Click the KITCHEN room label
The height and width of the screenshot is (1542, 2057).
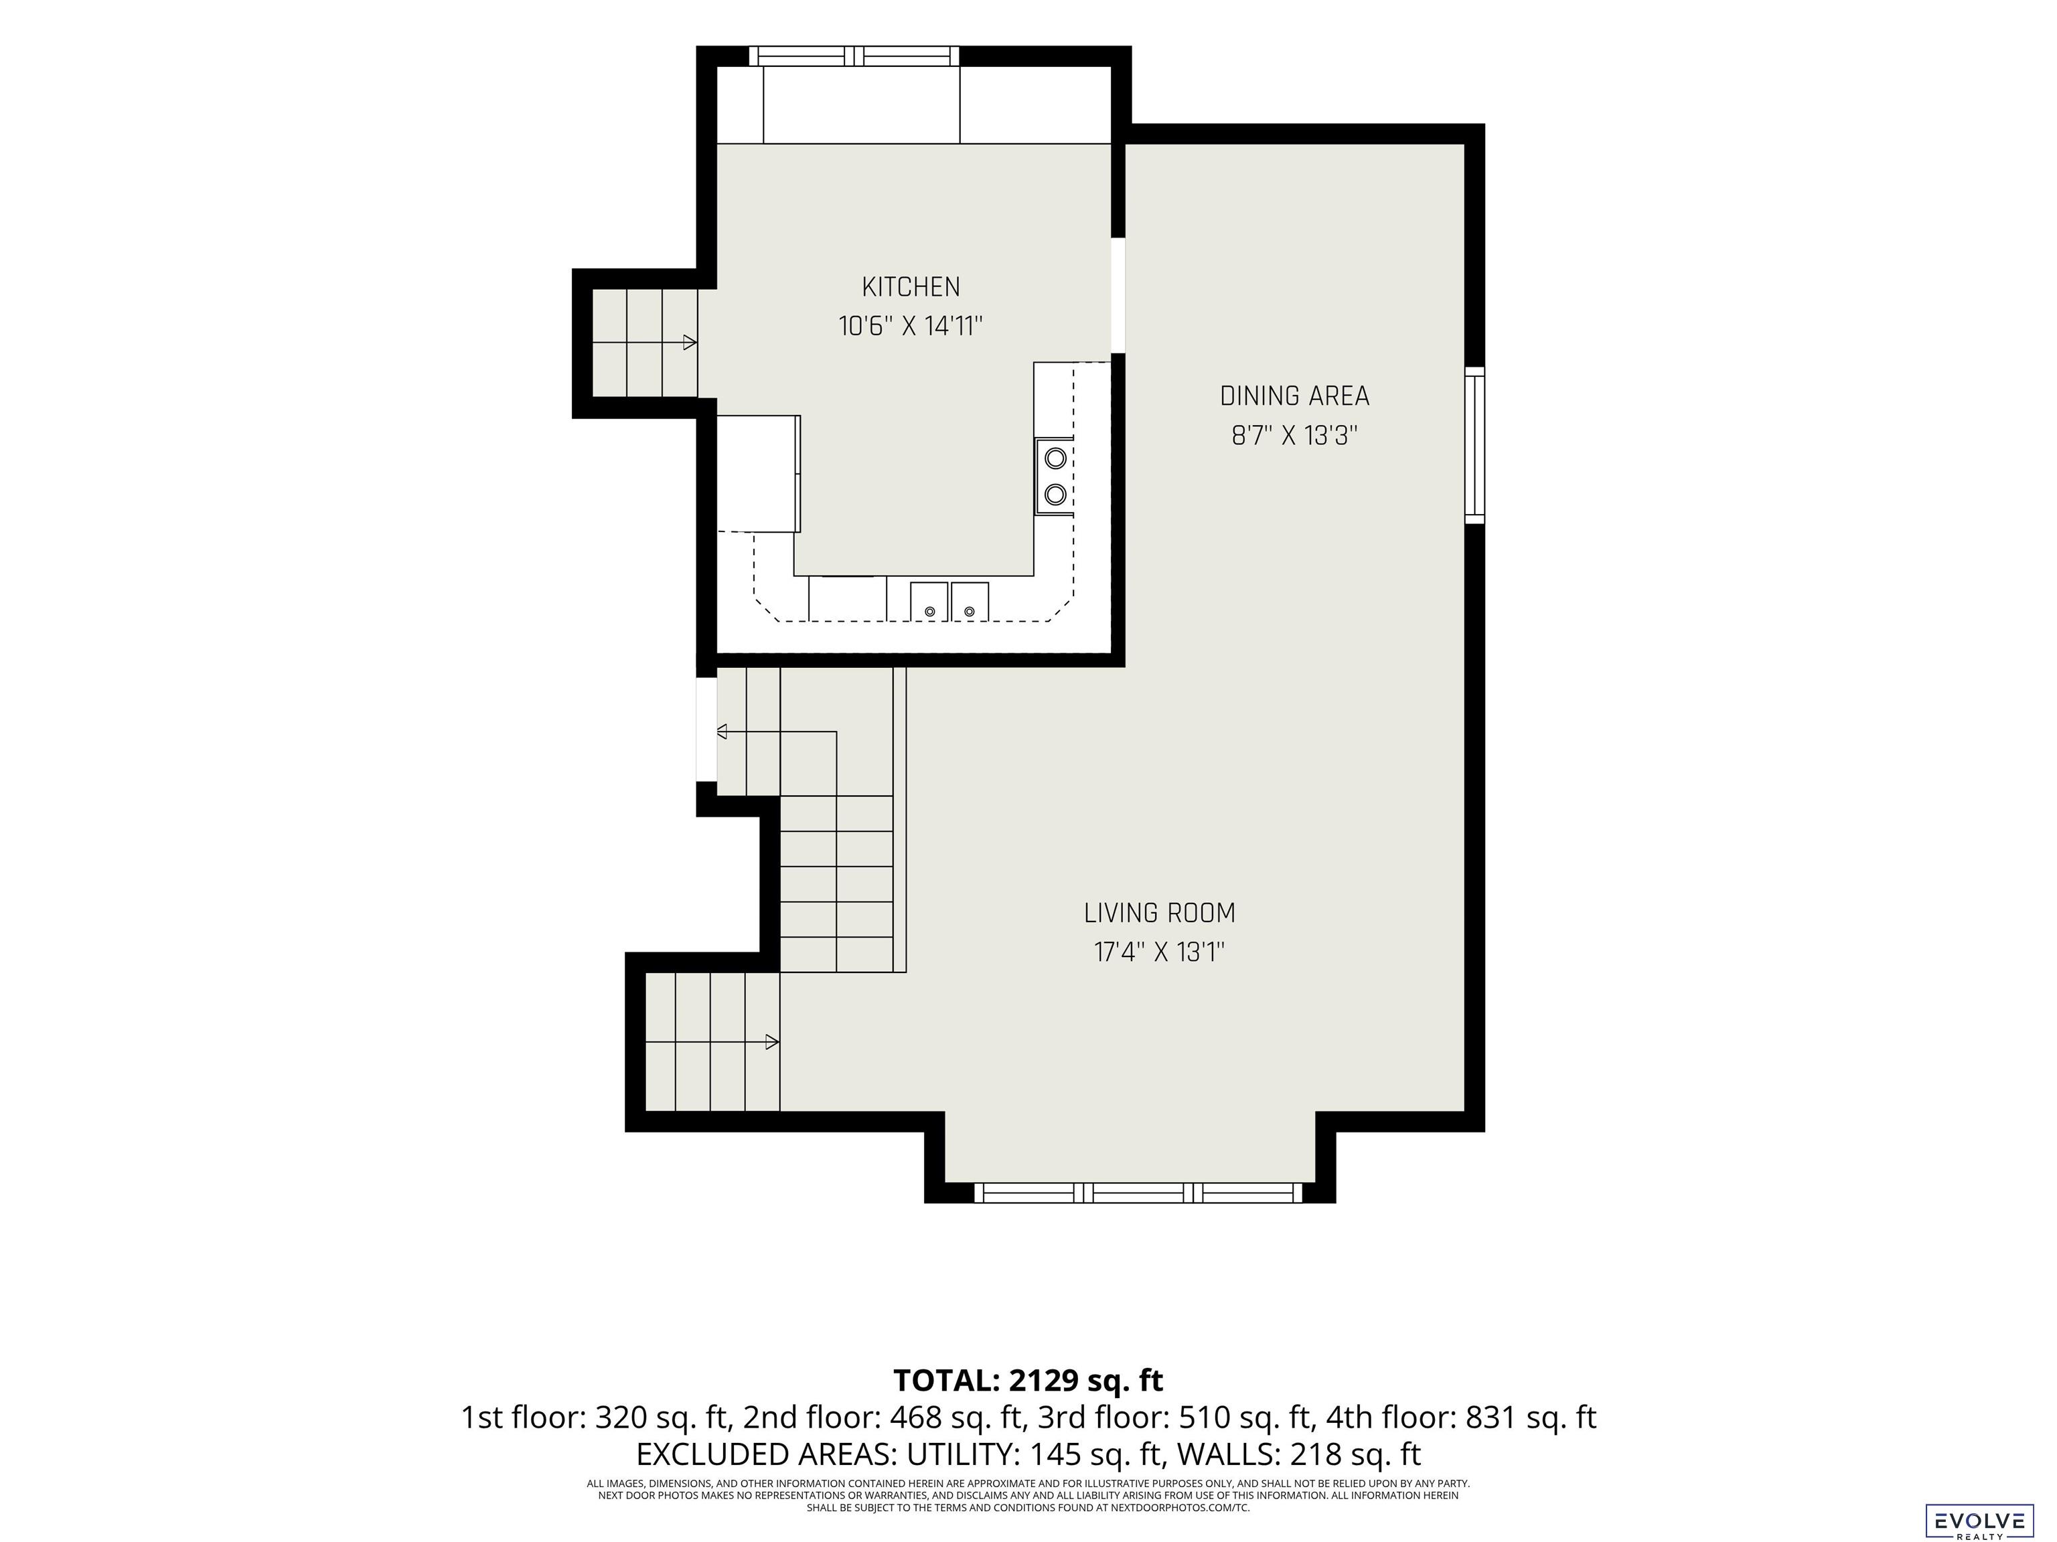[x=911, y=286]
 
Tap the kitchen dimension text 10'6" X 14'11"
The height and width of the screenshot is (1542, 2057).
[x=911, y=326]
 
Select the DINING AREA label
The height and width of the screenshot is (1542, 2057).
[x=1294, y=396]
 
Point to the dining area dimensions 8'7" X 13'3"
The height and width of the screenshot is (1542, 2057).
[x=1294, y=435]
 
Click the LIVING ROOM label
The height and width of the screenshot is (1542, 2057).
[x=1160, y=913]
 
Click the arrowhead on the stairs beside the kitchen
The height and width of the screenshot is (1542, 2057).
[x=690, y=342]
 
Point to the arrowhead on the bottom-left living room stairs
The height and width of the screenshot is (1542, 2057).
[x=772, y=1042]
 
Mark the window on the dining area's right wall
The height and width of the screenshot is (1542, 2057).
[x=1475, y=445]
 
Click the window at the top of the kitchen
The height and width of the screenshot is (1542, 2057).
[x=854, y=56]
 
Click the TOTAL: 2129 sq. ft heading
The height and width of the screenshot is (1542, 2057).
[x=1028, y=1380]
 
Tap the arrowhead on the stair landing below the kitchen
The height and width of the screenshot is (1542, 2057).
[x=722, y=732]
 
